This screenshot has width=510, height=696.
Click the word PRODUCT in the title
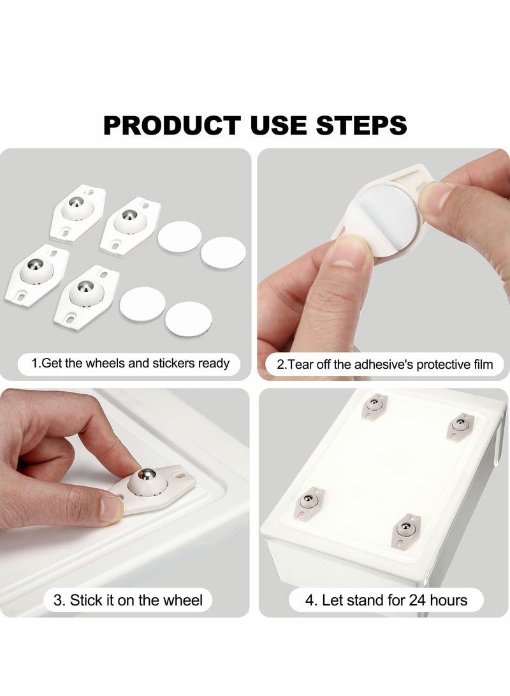(171, 125)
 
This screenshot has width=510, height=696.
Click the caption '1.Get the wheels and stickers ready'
(131, 364)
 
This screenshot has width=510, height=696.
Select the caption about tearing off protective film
(385, 365)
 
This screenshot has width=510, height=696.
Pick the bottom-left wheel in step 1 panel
(37, 272)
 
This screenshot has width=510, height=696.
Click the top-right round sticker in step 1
(223, 252)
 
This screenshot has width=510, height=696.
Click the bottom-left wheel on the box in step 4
(310, 501)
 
